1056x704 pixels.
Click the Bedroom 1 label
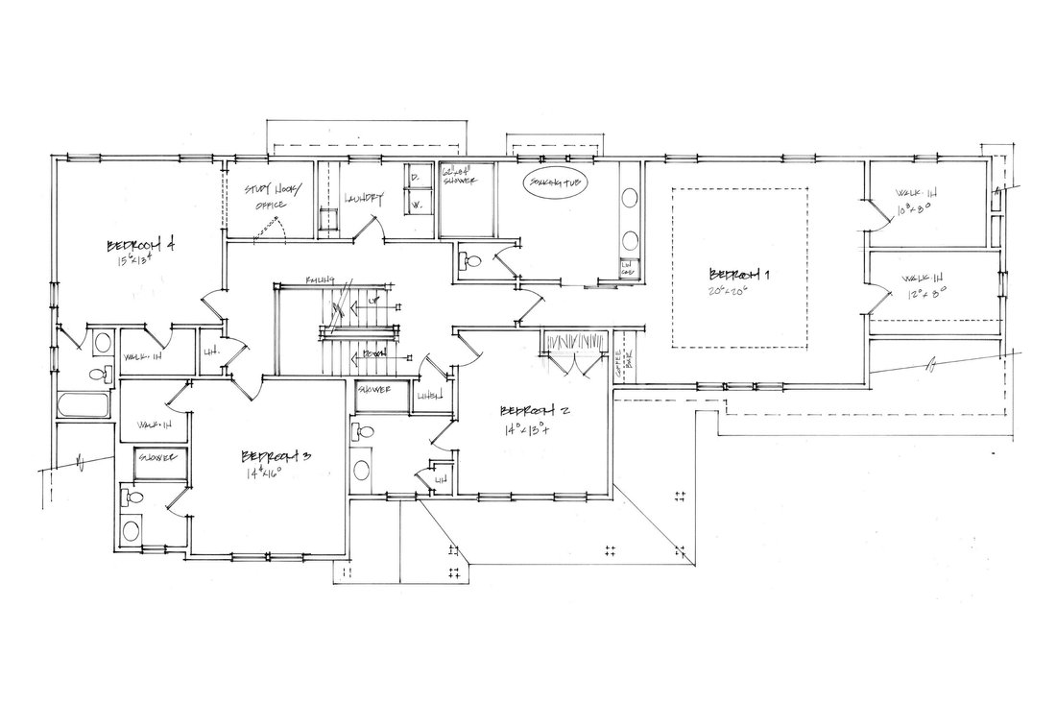pos(740,272)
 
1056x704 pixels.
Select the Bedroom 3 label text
pos(276,455)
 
